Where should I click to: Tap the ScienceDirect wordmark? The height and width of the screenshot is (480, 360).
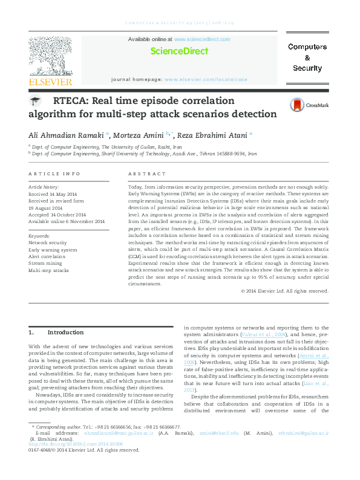click(x=179, y=51)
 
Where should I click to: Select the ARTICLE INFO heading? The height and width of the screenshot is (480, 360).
click(x=54, y=174)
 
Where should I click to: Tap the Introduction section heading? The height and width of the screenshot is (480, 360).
click(x=65, y=332)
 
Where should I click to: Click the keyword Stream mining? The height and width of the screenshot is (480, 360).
click(x=45, y=264)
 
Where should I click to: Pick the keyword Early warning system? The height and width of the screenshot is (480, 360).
click(x=53, y=250)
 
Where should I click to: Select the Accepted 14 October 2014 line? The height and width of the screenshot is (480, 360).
click(x=57, y=215)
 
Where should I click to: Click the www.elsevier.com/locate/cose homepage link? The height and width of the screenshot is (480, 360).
click(x=206, y=79)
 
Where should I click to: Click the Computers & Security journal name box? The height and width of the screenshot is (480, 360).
click(x=307, y=57)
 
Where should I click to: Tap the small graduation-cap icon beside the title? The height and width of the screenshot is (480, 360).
click(x=36, y=101)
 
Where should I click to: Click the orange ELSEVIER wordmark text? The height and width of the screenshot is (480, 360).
click(x=50, y=82)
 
